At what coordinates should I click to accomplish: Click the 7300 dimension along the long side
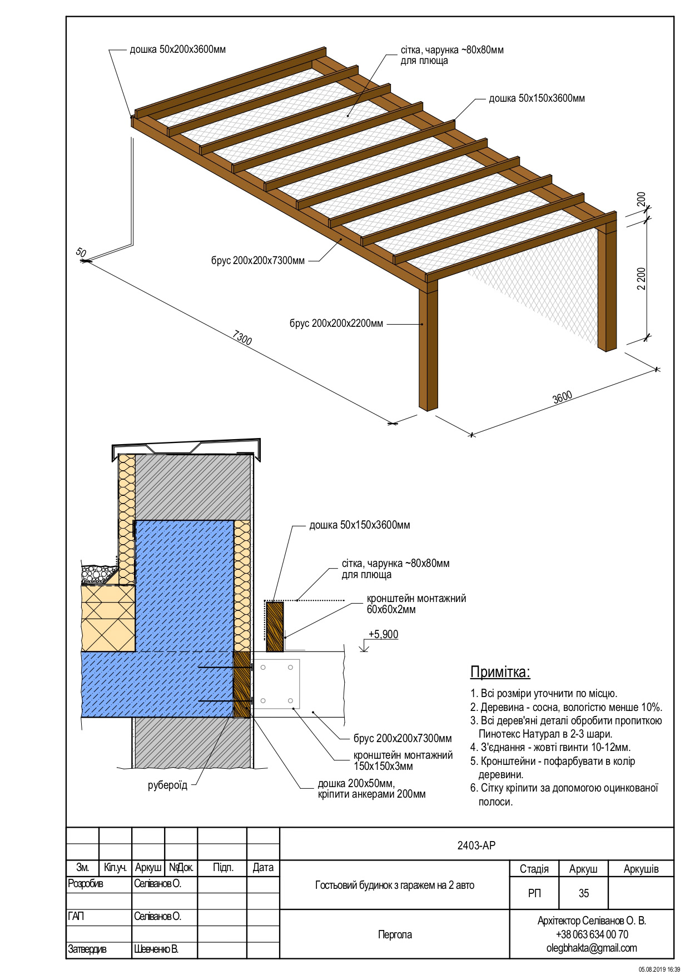pos(243,339)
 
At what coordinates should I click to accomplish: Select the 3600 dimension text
pos(562,398)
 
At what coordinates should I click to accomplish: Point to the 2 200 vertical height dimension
pos(641,278)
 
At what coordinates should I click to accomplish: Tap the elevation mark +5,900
pos(383,634)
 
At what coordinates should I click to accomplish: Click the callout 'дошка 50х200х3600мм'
pos(177,49)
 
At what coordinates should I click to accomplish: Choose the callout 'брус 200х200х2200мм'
pos(336,323)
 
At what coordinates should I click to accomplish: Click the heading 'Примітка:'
pos(500,672)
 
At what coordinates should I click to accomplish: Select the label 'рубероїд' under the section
pos(167,785)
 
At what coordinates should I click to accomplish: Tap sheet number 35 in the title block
pos(583,893)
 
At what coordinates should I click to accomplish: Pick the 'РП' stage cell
pos(534,893)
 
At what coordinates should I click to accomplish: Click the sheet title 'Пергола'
pos(395,934)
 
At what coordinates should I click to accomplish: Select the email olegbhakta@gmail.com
pos(592,948)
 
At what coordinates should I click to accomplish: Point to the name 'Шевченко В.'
pos(156,949)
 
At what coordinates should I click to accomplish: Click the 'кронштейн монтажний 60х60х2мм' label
pos(416,604)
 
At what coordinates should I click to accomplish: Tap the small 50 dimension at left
pos(81,253)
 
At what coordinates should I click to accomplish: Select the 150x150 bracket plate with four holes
pos(276,684)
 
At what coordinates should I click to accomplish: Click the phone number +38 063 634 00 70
pos(592,934)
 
